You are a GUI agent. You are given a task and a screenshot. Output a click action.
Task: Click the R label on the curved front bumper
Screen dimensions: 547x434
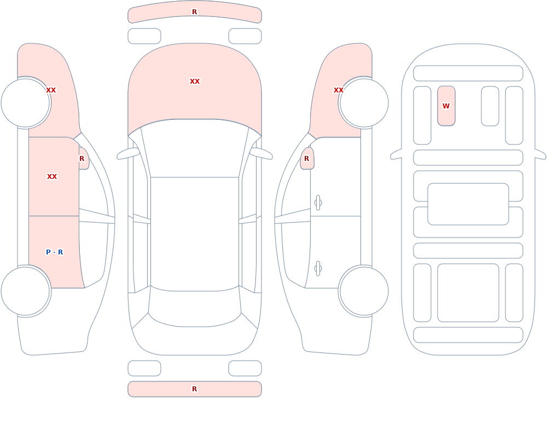[194, 12]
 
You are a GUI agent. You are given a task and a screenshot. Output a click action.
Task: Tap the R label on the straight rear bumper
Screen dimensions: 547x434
[194, 389]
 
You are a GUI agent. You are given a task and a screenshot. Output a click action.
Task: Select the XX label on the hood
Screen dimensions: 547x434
[195, 82]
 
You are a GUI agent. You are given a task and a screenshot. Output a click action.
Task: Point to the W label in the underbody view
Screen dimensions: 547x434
[446, 106]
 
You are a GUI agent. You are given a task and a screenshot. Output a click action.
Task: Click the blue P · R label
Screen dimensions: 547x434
[54, 252]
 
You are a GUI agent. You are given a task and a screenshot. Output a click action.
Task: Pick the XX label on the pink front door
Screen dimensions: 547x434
[52, 177]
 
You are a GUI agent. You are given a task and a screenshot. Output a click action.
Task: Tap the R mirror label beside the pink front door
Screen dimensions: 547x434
[82, 159]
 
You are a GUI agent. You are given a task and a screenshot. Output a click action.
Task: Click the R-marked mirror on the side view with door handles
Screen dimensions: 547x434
[307, 159]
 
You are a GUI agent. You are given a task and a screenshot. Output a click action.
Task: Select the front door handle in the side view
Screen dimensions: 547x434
[318, 203]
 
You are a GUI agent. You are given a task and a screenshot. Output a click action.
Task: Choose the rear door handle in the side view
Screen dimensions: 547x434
[318, 269]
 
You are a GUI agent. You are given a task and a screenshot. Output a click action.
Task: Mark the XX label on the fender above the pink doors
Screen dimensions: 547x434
[51, 90]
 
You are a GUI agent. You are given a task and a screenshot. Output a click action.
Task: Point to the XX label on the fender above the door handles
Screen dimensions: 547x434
[339, 90]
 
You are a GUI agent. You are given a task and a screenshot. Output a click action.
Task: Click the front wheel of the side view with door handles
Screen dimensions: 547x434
[364, 103]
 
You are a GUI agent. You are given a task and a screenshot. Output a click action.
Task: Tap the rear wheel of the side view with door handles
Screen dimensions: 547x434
[364, 291]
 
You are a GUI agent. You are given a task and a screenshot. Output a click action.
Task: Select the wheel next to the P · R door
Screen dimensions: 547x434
[26, 291]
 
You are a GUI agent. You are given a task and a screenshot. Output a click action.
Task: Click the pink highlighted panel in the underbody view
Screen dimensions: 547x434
[446, 106]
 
